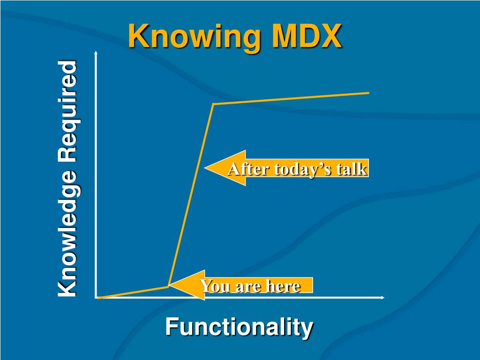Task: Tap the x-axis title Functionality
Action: click(239, 327)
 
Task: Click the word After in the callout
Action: click(241, 169)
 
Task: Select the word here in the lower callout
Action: click(284, 285)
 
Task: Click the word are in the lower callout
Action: click(244, 285)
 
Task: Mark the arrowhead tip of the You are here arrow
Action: click(170, 285)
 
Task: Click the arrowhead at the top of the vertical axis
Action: click(96, 52)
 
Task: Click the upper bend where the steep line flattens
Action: click(213, 104)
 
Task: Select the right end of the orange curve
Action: click(369, 93)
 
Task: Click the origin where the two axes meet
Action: click(96, 298)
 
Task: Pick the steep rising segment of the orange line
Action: click(191, 195)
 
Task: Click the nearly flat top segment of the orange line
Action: click(291, 98)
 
